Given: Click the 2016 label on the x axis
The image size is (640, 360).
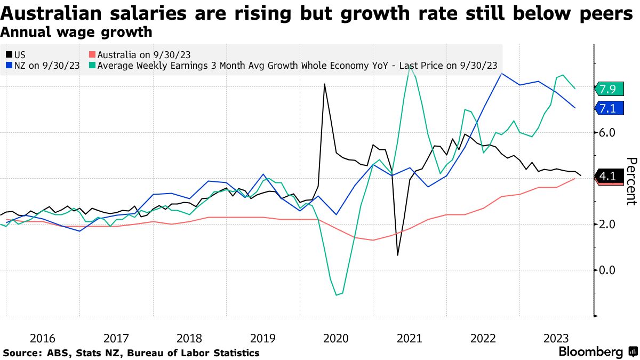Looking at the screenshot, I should point(43,338).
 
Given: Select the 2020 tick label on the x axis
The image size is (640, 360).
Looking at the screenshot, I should point(336,338).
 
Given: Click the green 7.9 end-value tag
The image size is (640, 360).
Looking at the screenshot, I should point(608,89).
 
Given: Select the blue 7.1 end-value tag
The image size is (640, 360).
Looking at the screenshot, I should point(608,109).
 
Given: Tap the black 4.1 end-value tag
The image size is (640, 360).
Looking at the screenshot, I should point(608,176).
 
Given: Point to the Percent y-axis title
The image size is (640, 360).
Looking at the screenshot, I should point(631,181).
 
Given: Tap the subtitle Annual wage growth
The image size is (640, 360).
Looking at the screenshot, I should point(76,33).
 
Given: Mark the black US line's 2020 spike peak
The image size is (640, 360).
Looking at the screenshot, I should point(324,84).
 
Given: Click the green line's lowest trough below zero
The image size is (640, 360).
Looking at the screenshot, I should point(337,295).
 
